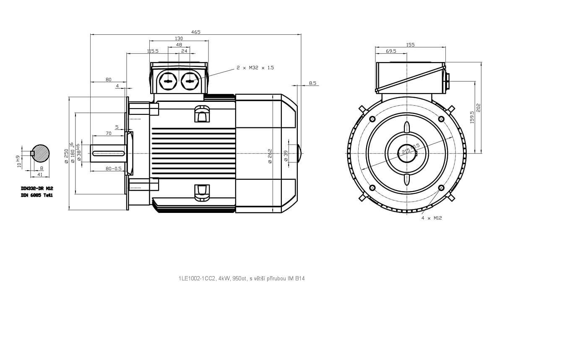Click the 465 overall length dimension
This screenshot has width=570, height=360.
tap(196, 32)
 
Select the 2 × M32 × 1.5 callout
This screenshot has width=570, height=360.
tap(255, 67)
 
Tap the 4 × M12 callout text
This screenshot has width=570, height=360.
tap(432, 218)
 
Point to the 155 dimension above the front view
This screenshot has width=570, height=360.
tap(410, 45)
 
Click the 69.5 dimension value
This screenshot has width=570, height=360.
tap(391, 51)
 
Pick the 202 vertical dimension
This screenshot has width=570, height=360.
tap(479, 108)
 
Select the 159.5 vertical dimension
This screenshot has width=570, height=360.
tap(472, 117)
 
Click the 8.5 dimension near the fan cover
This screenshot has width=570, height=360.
tap(312, 83)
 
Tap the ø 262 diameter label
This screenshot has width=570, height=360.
tap(270, 156)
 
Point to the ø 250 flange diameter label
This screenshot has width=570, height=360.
tap(66, 156)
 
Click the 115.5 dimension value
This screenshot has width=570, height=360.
tap(153, 51)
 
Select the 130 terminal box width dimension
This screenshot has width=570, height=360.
tap(179, 39)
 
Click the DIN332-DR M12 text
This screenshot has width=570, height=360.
tap(37, 189)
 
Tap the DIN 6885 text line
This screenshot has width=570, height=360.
tap(37, 195)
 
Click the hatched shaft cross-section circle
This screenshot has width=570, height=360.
tap(41, 153)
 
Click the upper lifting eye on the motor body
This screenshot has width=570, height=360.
tap(202, 114)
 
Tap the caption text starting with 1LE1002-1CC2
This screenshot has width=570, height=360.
tap(241, 278)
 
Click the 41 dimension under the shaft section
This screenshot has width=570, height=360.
tap(40, 174)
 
